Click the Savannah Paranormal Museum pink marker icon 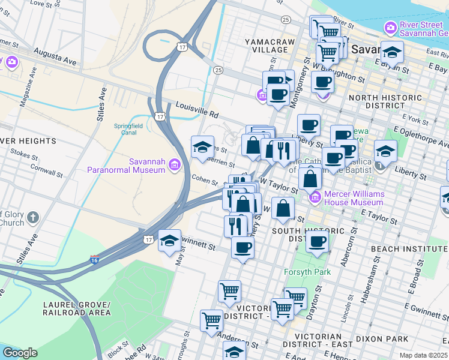174,164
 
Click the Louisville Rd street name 196,109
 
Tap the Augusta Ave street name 55,57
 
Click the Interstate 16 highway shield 95,260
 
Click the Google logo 20,353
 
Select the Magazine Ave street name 26,92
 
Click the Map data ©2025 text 423,355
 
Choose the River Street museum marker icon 390,28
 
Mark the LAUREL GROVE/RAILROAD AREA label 77,308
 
